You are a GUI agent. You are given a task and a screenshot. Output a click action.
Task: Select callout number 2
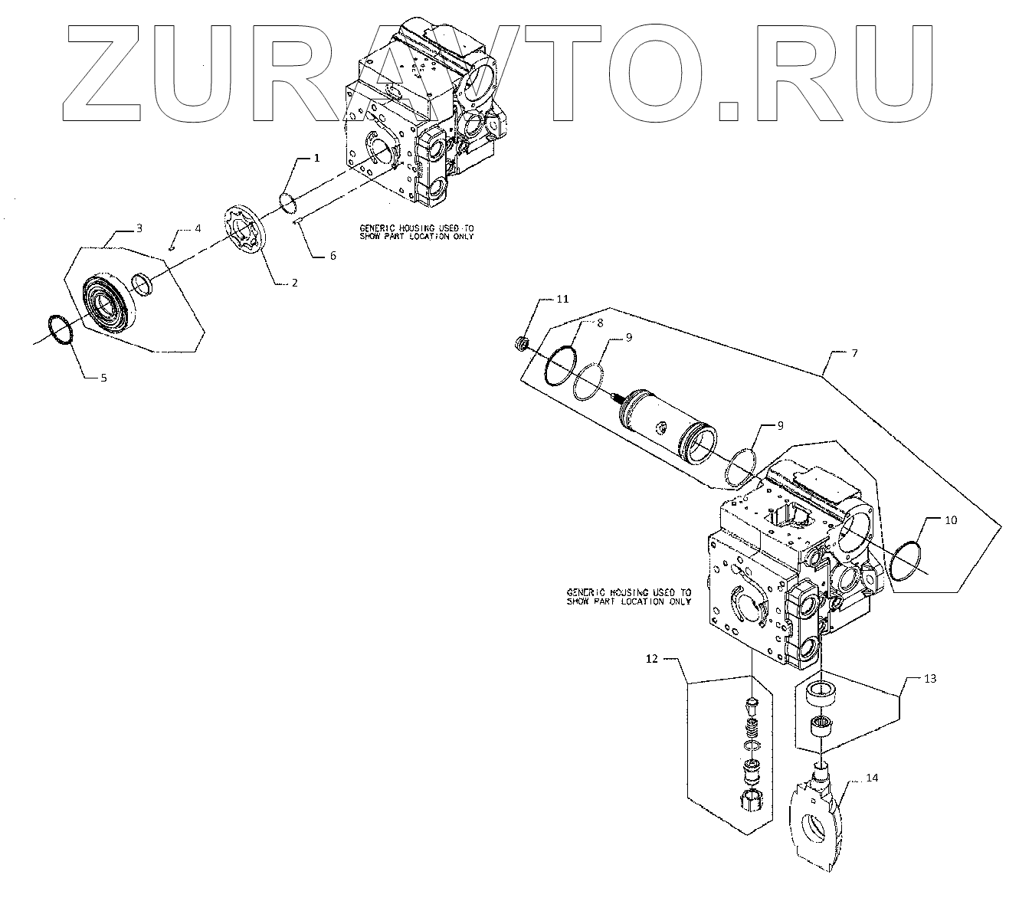294,283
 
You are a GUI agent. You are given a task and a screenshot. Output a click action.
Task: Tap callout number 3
139,228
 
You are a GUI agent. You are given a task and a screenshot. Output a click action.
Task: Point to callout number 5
103,377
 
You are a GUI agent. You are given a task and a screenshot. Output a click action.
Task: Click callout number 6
333,256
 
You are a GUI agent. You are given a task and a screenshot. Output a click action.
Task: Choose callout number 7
854,353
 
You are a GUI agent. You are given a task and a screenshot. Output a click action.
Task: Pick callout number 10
950,520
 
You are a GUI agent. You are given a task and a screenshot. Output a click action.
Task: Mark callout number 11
562,299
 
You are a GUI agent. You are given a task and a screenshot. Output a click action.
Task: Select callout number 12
652,658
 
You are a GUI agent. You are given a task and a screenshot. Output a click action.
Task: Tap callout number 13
930,679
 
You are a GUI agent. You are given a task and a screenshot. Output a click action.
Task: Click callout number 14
872,778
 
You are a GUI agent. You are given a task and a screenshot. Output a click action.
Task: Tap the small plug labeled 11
521,344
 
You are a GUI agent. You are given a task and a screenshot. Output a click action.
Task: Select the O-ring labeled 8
562,365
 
